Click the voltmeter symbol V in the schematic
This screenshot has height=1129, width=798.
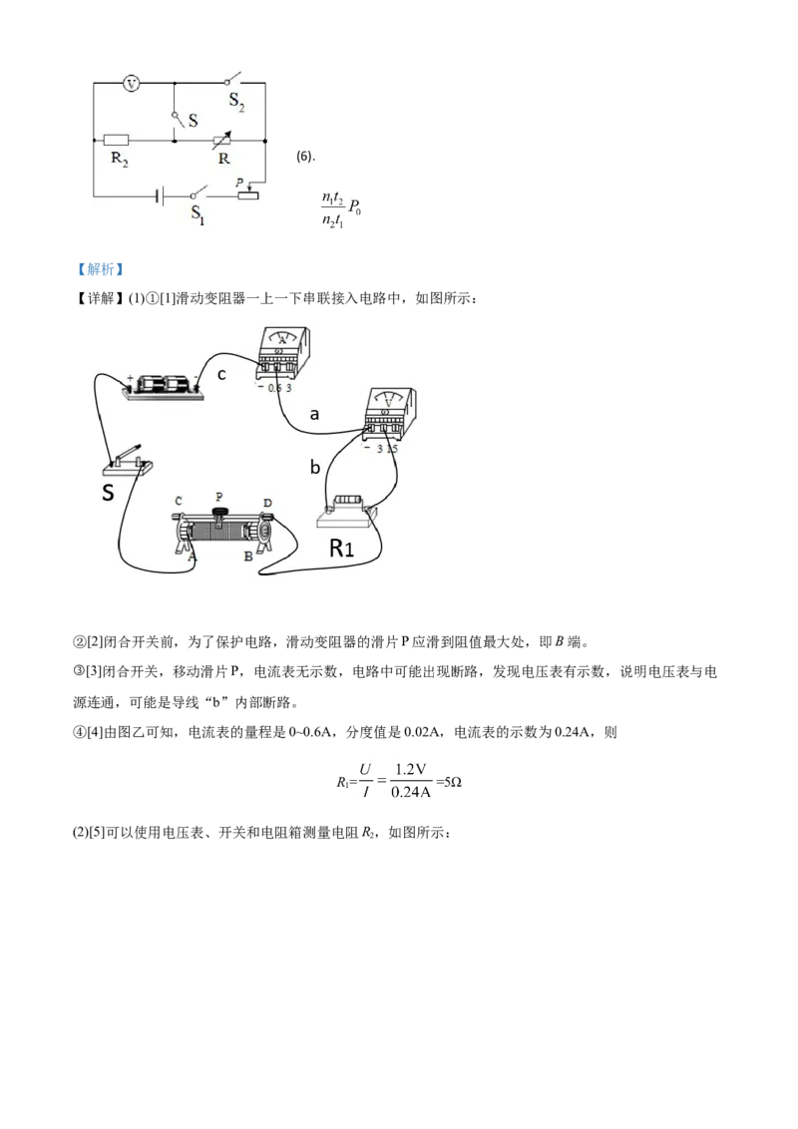pyautogui.click(x=130, y=85)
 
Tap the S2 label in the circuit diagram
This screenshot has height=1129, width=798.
pyautogui.click(x=236, y=100)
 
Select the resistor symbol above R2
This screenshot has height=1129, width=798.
pyautogui.click(x=115, y=141)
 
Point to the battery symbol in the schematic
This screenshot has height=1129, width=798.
pyautogui.click(x=160, y=195)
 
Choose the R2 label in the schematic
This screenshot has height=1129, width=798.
pyautogui.click(x=118, y=159)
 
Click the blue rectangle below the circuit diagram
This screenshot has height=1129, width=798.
pyautogui.click(x=100, y=268)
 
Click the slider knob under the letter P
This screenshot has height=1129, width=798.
pyautogui.click(x=220, y=513)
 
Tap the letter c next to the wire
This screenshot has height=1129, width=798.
pyautogui.click(x=221, y=374)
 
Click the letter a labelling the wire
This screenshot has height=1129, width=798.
pyautogui.click(x=314, y=413)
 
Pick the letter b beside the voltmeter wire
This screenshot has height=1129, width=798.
pyautogui.click(x=314, y=467)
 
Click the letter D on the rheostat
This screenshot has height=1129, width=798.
pyautogui.click(x=266, y=502)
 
